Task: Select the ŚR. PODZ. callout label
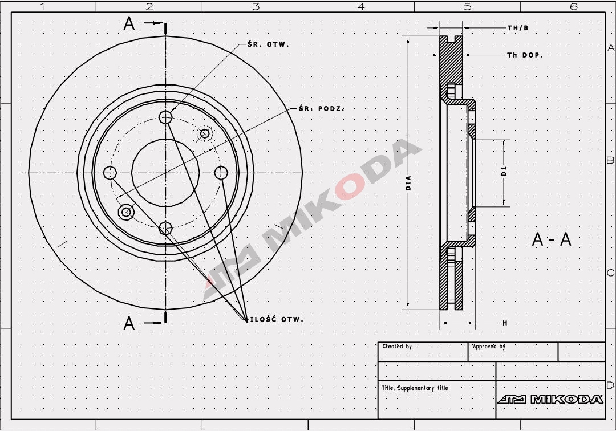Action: pyautogui.click(x=321, y=108)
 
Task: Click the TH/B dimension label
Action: pyautogui.click(x=518, y=27)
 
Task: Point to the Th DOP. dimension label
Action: pyautogui.click(x=525, y=55)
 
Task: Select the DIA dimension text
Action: pyautogui.click(x=408, y=182)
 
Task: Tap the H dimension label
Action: pyautogui.click(x=505, y=323)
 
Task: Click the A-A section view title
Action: pyautogui.click(x=551, y=239)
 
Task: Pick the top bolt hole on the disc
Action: pyautogui.click(x=165, y=117)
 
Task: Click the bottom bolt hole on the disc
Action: pyautogui.click(x=165, y=229)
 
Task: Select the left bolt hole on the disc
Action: pyautogui.click(x=110, y=172)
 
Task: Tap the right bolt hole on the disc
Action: pyautogui.click(x=221, y=172)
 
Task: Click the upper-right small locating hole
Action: pyautogui.click(x=204, y=134)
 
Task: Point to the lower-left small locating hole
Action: pyautogui.click(x=126, y=212)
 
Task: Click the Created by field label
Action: pyautogui.click(x=397, y=347)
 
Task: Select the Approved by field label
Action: pyautogui.click(x=489, y=347)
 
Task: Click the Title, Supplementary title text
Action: pyautogui.click(x=415, y=388)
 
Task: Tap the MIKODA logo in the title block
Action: pyautogui.click(x=550, y=399)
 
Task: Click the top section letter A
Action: pyautogui.click(x=129, y=24)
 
